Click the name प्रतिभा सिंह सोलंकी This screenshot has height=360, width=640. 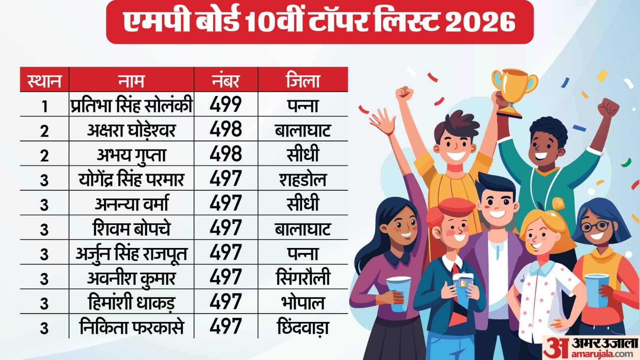pyautogui.click(x=131, y=105)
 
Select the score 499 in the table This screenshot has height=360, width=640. pyautogui.click(x=226, y=105)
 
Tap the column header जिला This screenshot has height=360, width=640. pyautogui.click(x=303, y=80)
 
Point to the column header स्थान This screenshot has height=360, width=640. pyautogui.click(x=44, y=80)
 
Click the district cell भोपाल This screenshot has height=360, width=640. pyautogui.click(x=303, y=302)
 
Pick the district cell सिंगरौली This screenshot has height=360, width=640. pyautogui.click(x=303, y=278)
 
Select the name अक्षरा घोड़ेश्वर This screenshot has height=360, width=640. pyautogui.click(x=131, y=130)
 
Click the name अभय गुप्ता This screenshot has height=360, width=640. pyautogui.click(x=131, y=154)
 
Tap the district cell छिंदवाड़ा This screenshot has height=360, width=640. pyautogui.click(x=303, y=327)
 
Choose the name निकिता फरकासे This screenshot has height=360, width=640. pyautogui.click(x=131, y=327)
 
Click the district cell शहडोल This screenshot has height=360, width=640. pyautogui.click(x=303, y=179)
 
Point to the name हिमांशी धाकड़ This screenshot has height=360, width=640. pyautogui.click(x=131, y=302)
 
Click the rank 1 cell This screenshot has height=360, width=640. pyautogui.click(x=44, y=106)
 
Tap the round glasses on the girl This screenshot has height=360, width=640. pyautogui.click(x=595, y=226)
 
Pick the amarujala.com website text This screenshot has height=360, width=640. pyautogui.click(x=602, y=354)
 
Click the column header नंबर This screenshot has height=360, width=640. pyautogui.click(x=226, y=80)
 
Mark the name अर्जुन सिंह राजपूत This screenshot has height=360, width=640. pyautogui.click(x=131, y=253)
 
